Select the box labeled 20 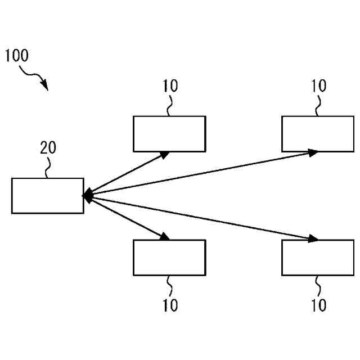coord(48,196)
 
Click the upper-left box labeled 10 coord(169,134)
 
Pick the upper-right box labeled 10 coord(318,134)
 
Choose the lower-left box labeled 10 coord(169,258)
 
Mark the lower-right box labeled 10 coord(318,258)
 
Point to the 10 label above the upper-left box coord(170,86)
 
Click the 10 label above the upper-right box coord(318,86)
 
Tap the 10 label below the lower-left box coord(170,305)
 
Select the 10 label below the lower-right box coord(318,305)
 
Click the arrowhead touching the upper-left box coord(164,154)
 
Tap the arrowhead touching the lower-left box coord(164,237)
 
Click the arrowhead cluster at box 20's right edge coord(87,196)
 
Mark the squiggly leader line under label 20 coord(48,167)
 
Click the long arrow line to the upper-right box coord(202,173)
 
